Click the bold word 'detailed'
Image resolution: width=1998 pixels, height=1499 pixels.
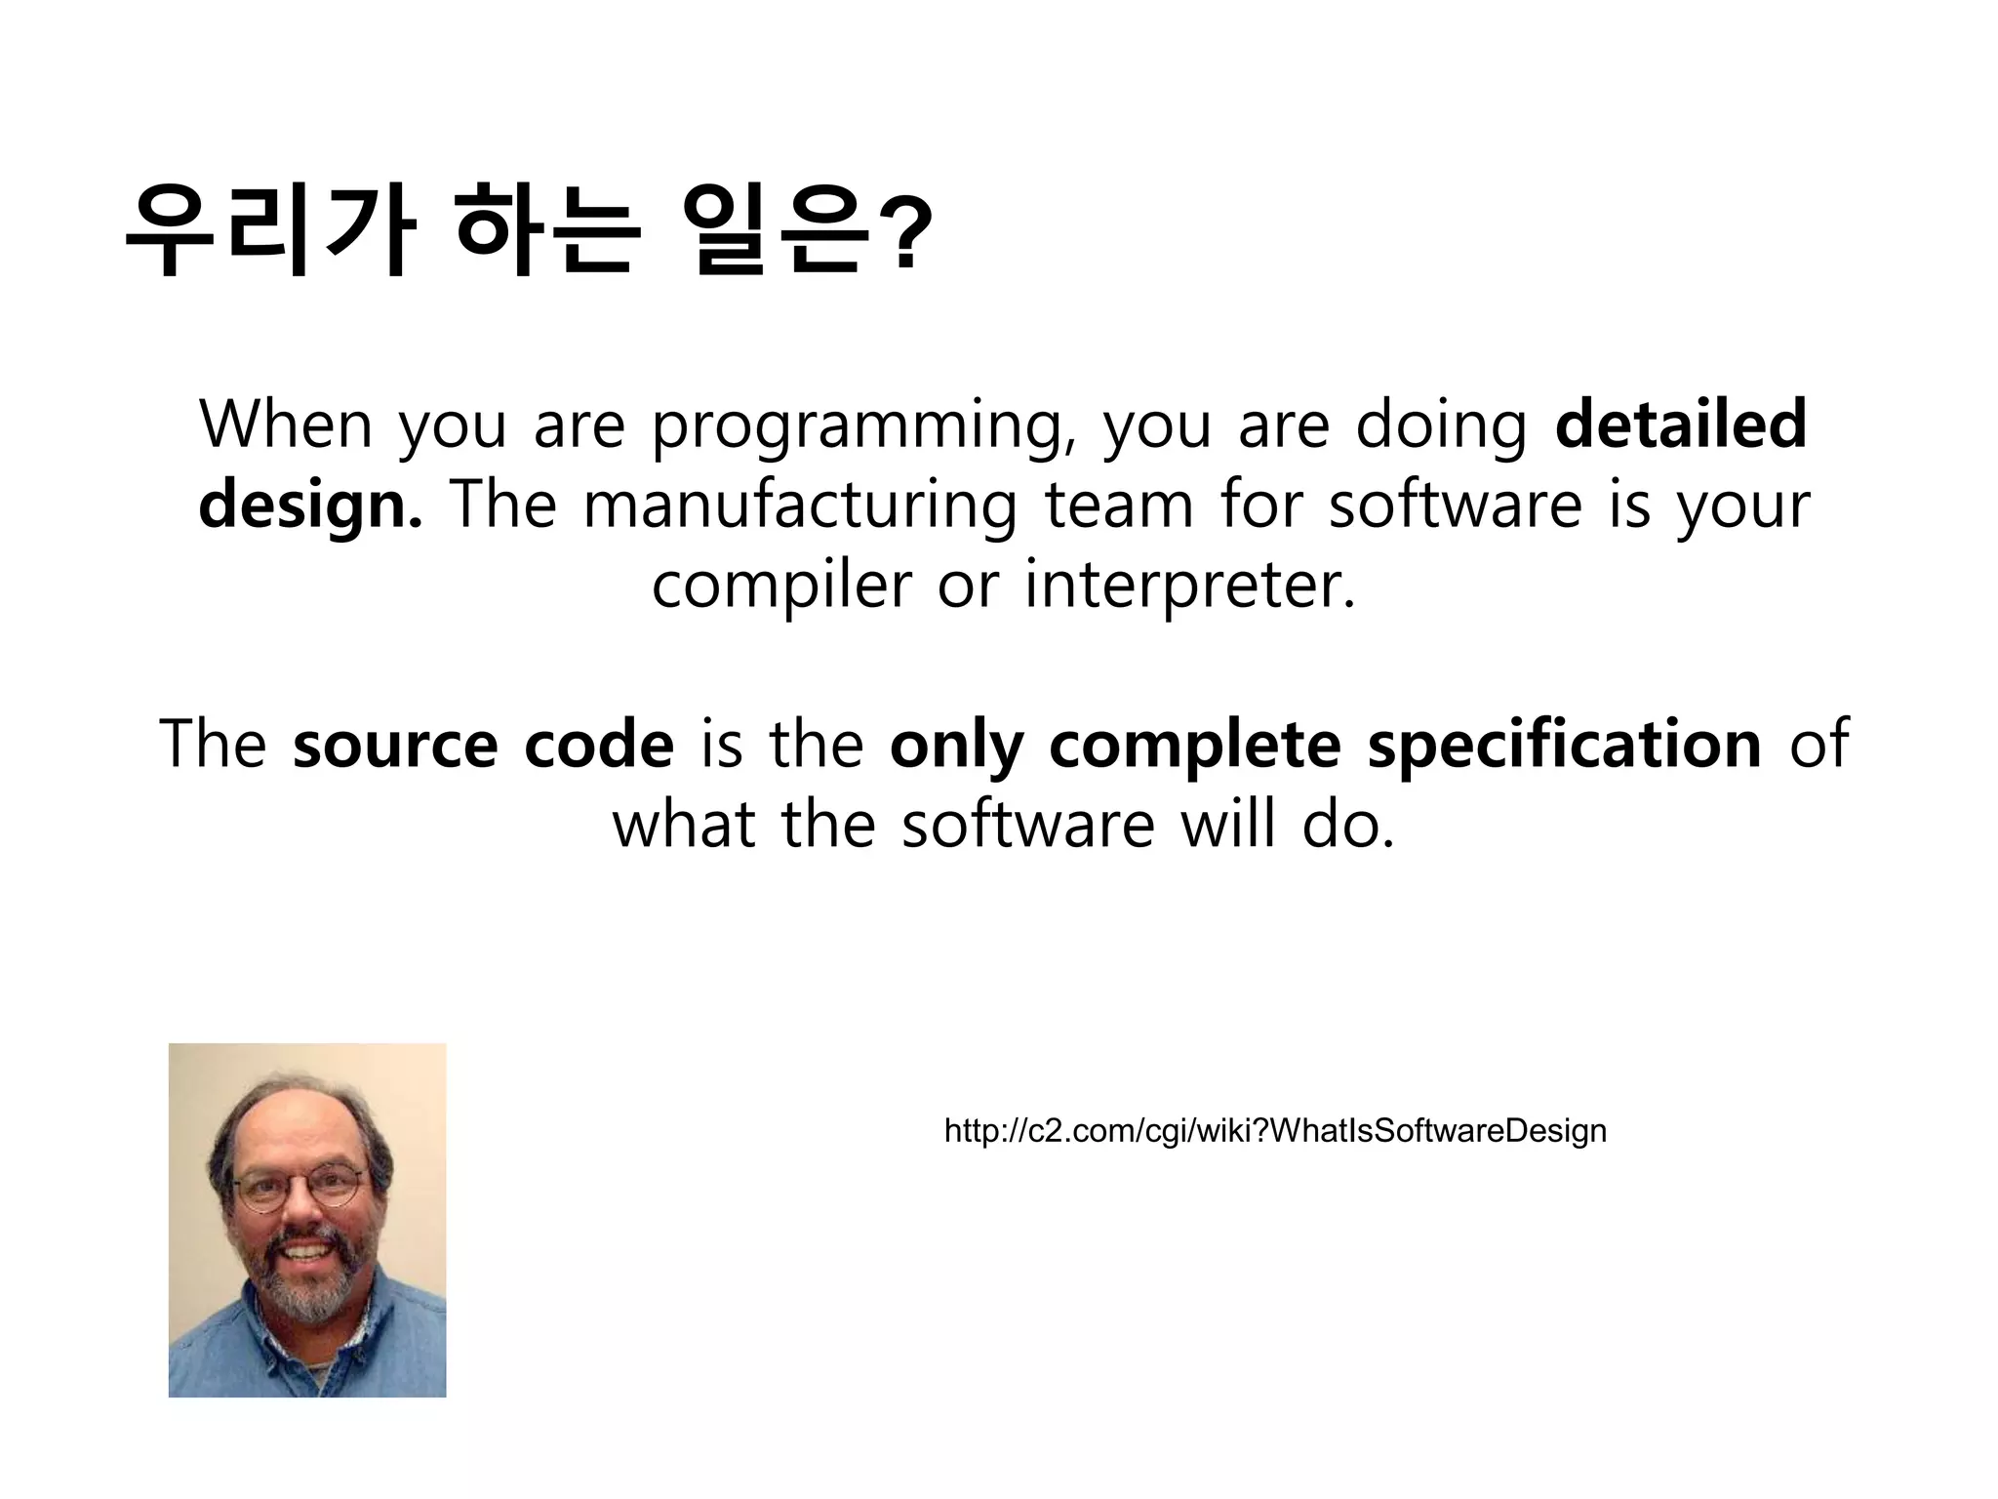(x=1680, y=425)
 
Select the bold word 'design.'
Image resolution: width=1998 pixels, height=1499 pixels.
(x=310, y=506)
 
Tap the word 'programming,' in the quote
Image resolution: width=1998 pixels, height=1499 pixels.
(x=864, y=426)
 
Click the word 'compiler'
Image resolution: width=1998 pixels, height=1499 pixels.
(x=780, y=587)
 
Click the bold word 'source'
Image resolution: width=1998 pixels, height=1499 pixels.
(x=395, y=745)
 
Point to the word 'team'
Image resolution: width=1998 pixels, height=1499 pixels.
(x=1118, y=506)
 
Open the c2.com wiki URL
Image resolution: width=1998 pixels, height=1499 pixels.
(x=1274, y=1131)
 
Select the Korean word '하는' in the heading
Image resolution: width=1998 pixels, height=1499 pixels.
(x=548, y=230)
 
